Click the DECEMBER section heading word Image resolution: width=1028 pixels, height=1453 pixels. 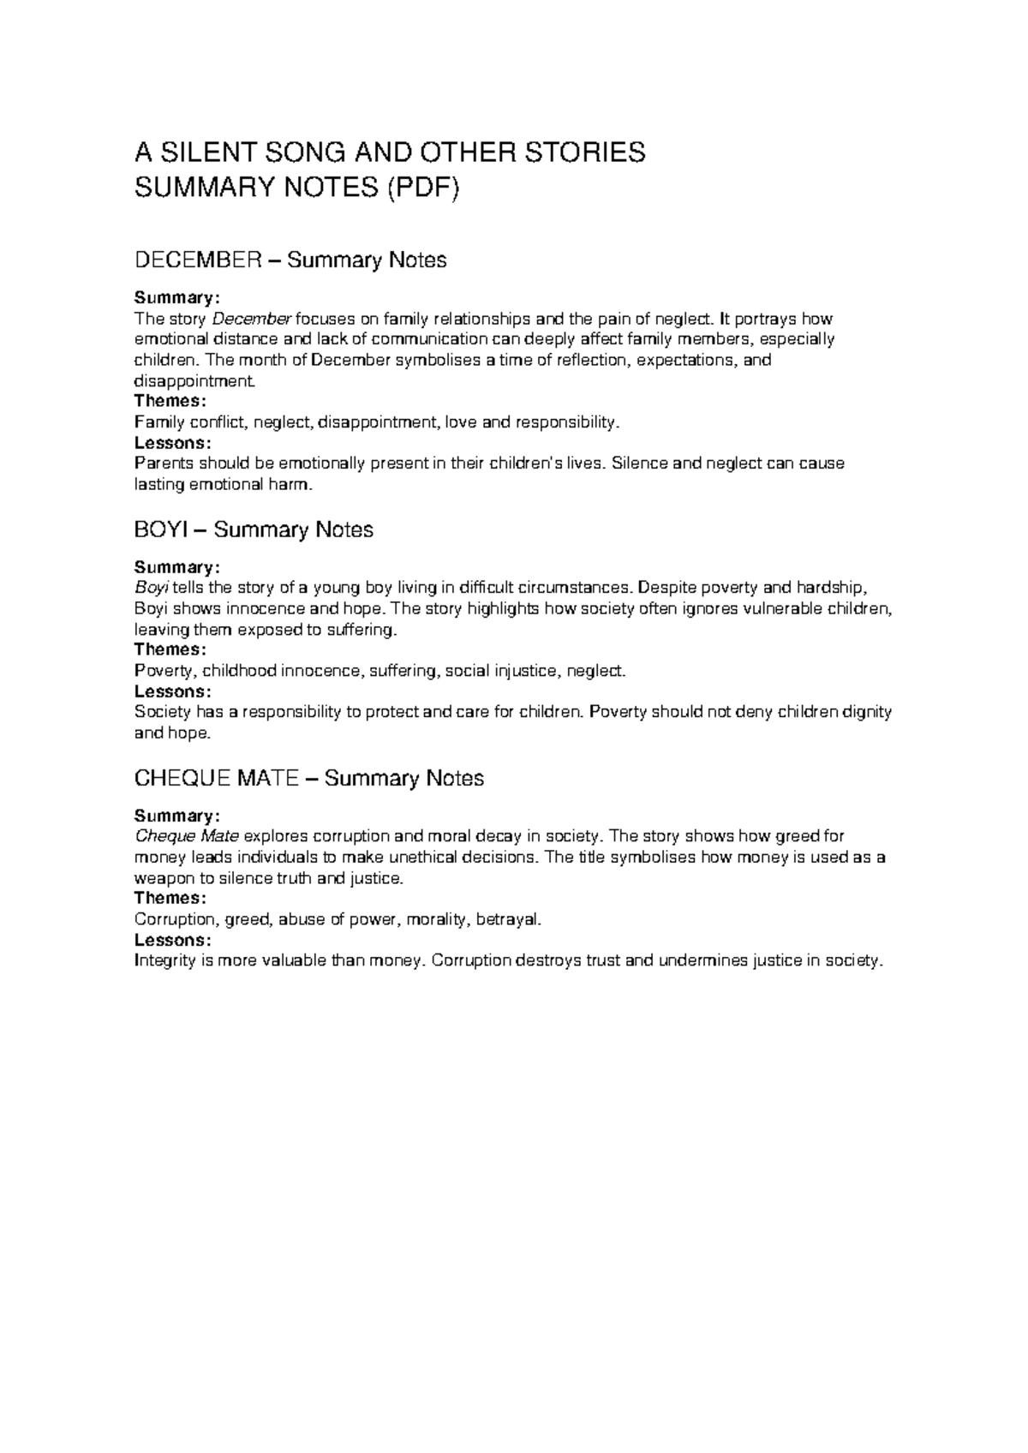click(x=197, y=260)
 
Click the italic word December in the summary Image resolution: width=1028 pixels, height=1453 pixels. click(x=252, y=320)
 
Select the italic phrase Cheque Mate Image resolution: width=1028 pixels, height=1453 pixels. click(x=187, y=837)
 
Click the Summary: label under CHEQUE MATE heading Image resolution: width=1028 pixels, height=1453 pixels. click(x=177, y=816)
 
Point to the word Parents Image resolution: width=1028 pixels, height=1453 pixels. click(x=164, y=463)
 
